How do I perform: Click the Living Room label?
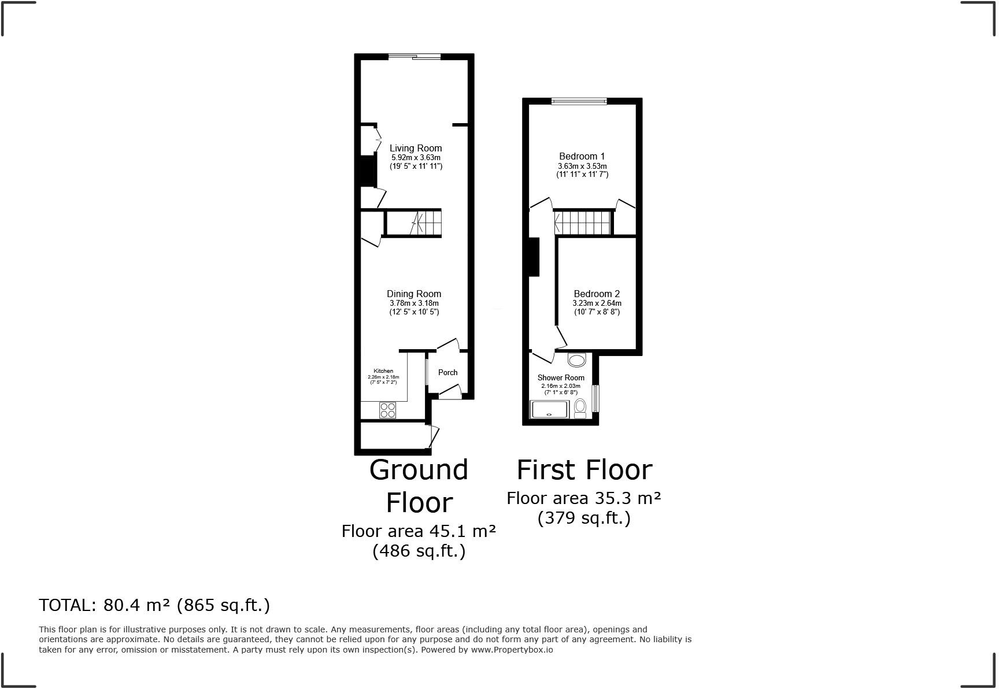415,149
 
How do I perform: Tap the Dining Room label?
414,294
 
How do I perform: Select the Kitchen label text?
383,371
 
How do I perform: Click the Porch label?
447,373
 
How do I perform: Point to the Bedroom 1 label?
582,157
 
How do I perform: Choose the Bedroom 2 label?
597,294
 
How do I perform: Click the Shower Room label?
561,378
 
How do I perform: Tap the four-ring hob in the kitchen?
388,410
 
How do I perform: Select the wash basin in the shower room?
576,361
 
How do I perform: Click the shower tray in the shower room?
550,409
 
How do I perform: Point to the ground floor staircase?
413,224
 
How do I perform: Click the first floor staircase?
583,223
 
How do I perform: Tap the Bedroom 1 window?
579,102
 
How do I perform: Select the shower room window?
595,399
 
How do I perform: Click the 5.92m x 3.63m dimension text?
416,158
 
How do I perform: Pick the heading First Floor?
584,470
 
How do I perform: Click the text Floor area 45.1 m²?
419,531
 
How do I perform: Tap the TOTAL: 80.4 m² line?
154,605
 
